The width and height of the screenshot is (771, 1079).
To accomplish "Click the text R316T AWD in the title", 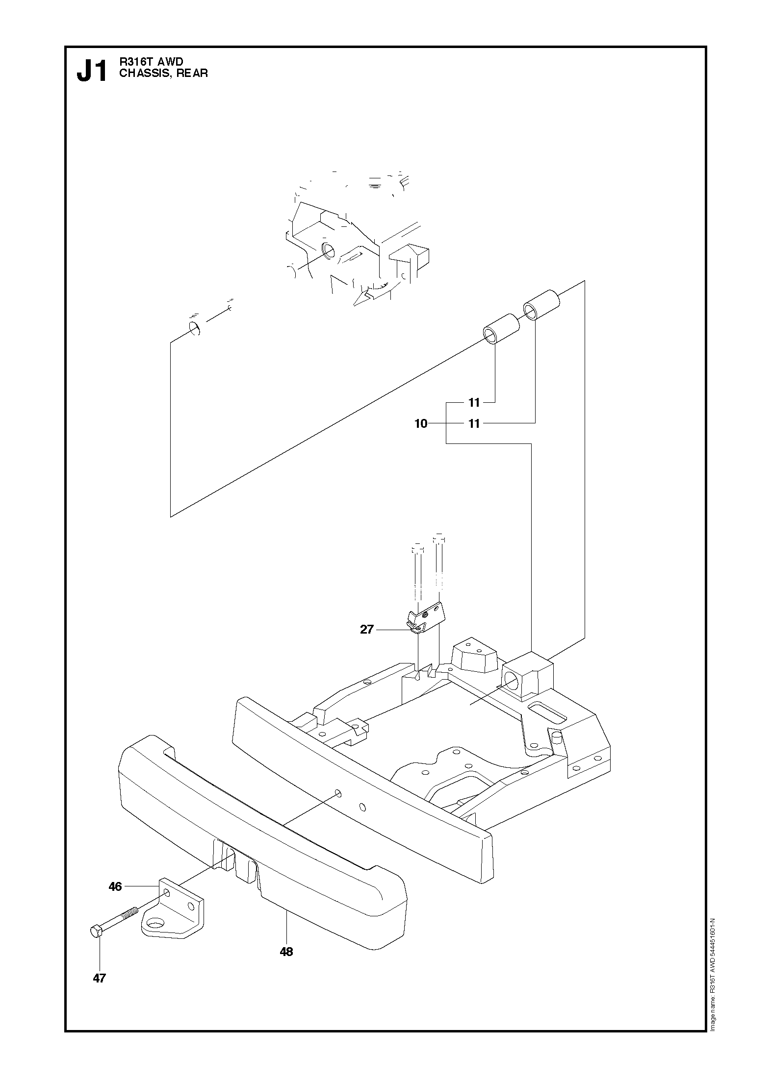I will click(x=151, y=62).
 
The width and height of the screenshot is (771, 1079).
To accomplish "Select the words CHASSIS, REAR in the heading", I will click(x=164, y=74).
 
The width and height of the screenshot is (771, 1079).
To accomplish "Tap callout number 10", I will click(x=421, y=424).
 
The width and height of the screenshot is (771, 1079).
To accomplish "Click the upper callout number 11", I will click(x=474, y=403).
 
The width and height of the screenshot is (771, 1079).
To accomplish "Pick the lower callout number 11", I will click(x=474, y=424).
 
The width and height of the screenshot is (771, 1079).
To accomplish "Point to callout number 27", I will click(x=367, y=629).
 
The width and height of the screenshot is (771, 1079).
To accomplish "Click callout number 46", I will click(x=115, y=886).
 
